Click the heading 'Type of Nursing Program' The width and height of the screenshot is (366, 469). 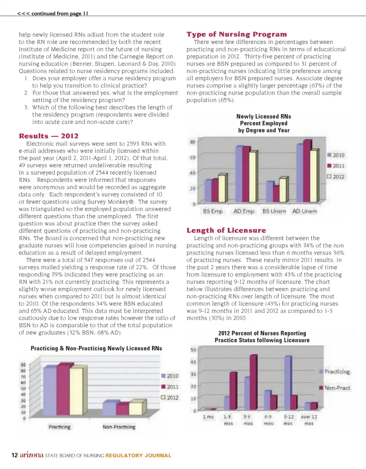236,34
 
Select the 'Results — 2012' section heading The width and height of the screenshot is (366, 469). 49,136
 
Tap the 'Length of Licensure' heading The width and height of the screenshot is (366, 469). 226,230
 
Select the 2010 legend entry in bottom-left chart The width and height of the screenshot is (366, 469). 168,376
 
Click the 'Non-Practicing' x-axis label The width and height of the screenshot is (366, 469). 119,427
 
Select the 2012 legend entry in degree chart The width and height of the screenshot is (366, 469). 336,177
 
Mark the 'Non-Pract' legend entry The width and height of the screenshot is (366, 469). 335,388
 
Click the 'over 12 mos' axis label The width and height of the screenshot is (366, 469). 309,420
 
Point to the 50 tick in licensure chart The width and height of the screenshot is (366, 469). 193,349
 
